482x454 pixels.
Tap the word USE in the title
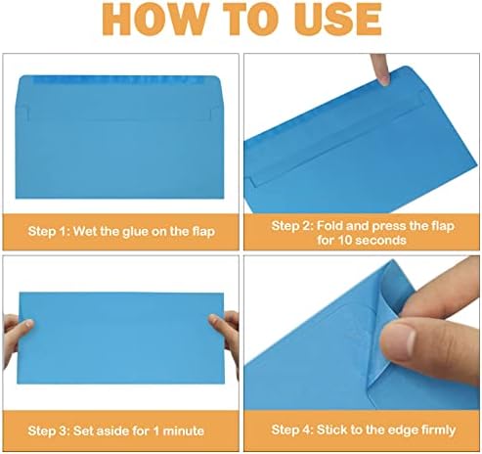pos(337,19)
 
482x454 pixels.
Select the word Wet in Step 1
pos(85,231)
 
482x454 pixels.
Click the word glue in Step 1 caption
pos(136,232)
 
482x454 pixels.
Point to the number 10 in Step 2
pos(345,241)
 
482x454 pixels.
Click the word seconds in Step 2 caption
pos(381,241)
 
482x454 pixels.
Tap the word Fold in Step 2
pos(329,225)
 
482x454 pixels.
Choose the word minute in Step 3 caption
pos(184,431)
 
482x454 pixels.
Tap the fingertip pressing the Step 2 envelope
pos(384,77)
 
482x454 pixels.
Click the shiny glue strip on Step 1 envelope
pos(119,80)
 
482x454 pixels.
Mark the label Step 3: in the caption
pos(49,431)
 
